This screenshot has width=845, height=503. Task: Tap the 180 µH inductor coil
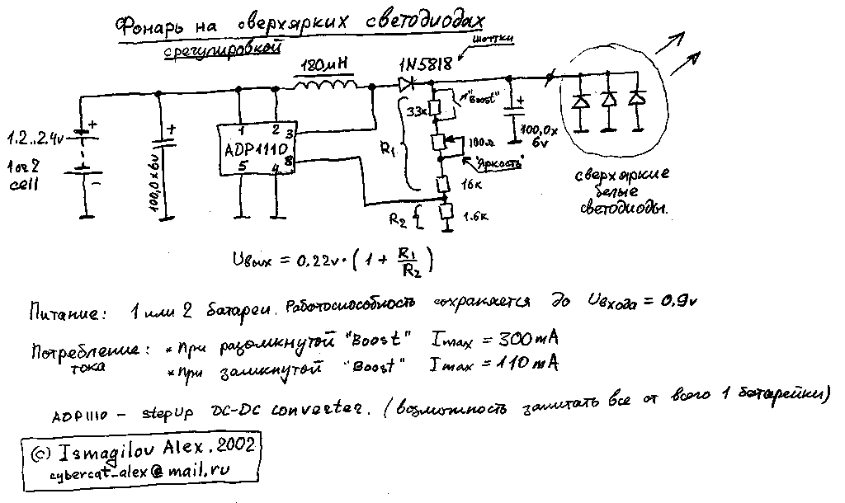(x=325, y=84)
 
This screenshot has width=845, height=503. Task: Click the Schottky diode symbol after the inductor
(x=405, y=82)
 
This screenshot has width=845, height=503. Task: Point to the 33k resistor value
(x=417, y=109)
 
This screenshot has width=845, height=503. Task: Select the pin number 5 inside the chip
(x=242, y=165)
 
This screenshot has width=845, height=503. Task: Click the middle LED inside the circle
(x=609, y=101)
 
